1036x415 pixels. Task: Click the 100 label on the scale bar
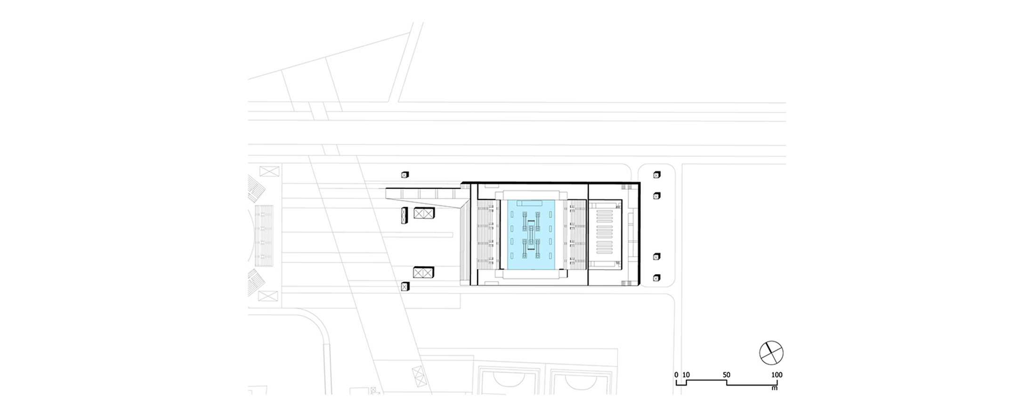tap(777, 375)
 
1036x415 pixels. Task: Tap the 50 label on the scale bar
tap(727, 375)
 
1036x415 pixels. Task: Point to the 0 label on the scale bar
tap(676, 375)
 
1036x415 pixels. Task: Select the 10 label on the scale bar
tap(686, 375)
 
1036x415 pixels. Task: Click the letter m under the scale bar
tap(774, 388)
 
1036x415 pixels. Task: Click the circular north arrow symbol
tap(771, 353)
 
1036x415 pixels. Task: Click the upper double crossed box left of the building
tap(424, 213)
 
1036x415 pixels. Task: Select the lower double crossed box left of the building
tap(423, 272)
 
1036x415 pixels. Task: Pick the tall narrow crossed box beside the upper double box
tap(404, 215)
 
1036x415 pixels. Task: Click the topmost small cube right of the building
tap(657, 175)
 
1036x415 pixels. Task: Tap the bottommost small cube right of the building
tap(657, 278)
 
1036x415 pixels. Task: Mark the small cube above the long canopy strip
tap(405, 175)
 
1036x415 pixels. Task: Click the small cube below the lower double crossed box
tap(405, 286)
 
